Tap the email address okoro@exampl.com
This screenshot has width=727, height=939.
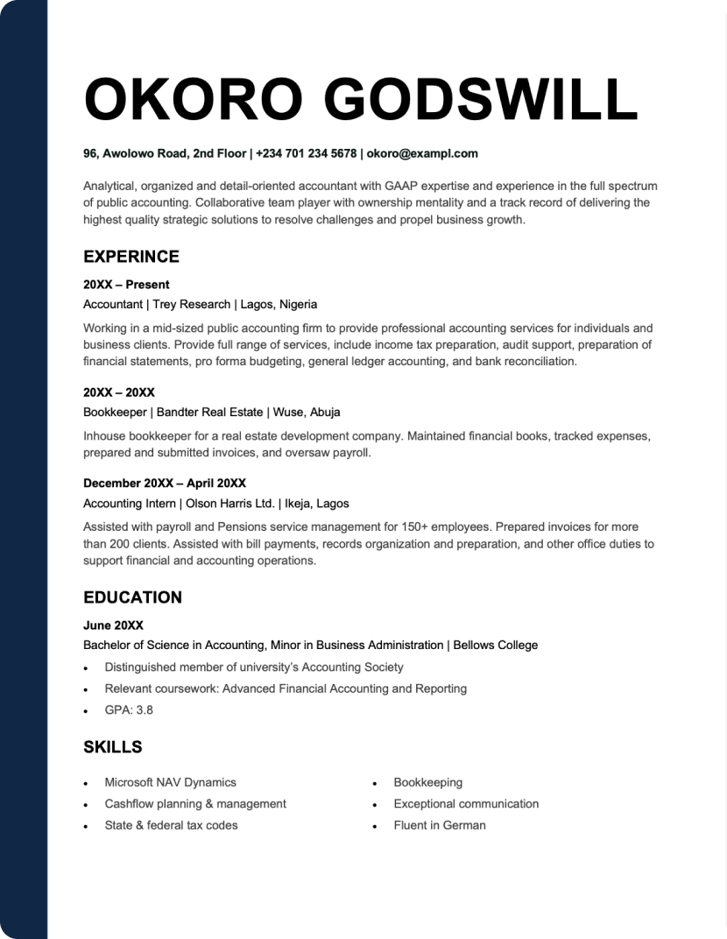[x=422, y=153]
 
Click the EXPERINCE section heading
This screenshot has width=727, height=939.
[x=131, y=257]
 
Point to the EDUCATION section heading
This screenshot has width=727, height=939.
[x=132, y=597]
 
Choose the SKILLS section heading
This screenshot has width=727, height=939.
[x=112, y=747]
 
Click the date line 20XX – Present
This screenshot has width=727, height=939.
[x=126, y=285]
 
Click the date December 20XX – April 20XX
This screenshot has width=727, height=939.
[x=165, y=484]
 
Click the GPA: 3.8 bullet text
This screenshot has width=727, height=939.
[x=129, y=710]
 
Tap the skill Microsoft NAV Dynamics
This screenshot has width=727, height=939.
[x=170, y=782]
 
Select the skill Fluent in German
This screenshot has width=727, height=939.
[x=440, y=825]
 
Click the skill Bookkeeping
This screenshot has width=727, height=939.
[x=428, y=782]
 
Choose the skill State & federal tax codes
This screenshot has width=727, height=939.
[x=171, y=825]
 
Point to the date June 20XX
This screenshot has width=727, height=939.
[x=113, y=625]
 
